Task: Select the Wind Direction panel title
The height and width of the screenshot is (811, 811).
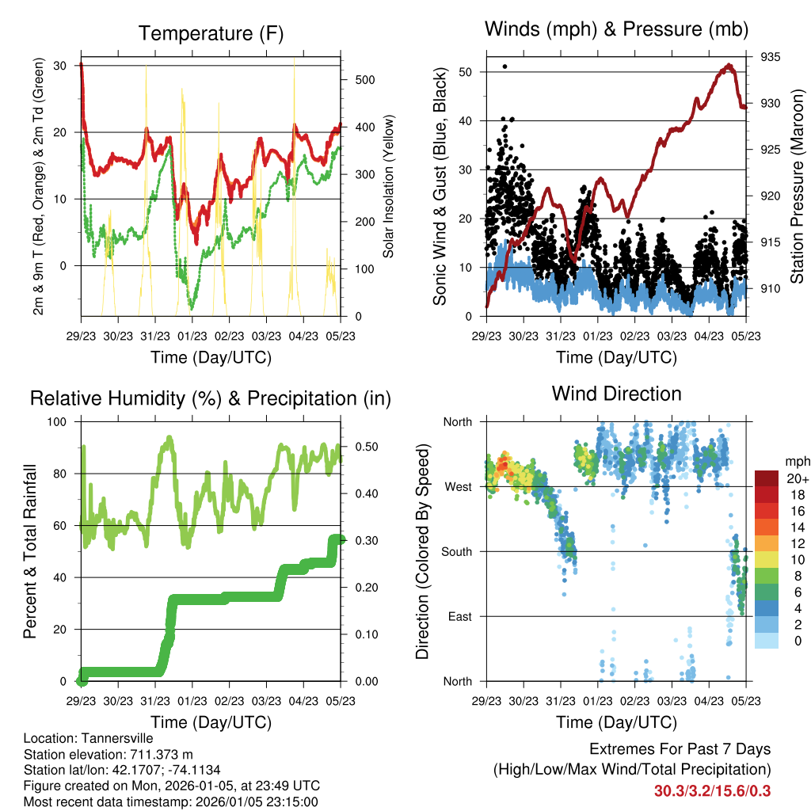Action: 616,393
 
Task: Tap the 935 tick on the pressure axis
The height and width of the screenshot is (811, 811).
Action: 771,57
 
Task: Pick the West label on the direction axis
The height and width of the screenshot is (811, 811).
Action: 457,486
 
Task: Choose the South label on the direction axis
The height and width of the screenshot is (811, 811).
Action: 456,551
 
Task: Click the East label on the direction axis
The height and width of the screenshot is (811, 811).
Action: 459,616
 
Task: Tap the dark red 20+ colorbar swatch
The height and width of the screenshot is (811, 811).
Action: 767,478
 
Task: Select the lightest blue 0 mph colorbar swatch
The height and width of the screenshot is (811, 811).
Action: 767,642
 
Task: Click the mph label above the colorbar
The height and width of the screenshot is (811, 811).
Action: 796,462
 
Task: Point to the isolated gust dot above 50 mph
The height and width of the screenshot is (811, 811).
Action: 505,67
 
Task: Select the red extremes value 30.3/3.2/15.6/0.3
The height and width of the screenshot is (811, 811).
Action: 712,790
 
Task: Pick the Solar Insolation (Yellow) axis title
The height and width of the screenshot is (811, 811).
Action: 389,187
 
